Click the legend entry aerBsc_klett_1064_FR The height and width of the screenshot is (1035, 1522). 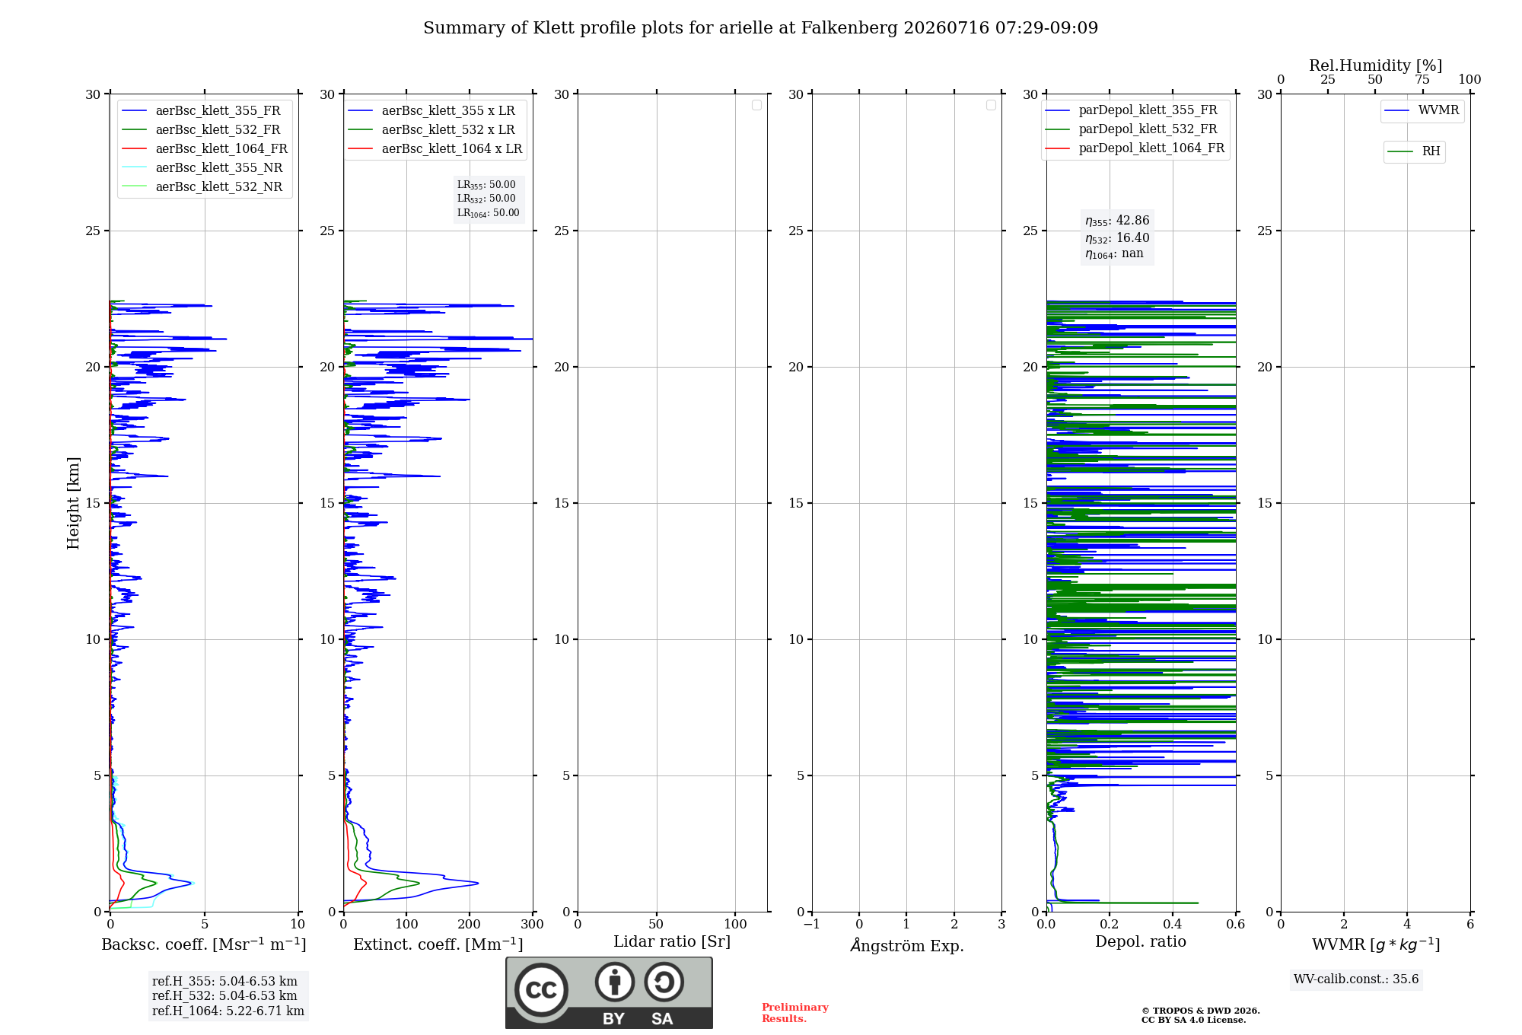[205, 149]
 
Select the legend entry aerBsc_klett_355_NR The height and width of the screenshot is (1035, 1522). [202, 168]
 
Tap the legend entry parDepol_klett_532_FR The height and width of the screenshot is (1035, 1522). [1132, 129]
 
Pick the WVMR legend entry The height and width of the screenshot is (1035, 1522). [1422, 110]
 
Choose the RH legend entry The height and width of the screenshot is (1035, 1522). [1414, 151]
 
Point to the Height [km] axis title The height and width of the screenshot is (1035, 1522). [73, 503]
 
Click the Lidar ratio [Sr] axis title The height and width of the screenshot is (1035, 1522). [672, 942]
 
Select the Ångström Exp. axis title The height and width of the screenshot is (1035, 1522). [907, 945]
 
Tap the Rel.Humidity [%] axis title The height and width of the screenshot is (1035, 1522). [1376, 65]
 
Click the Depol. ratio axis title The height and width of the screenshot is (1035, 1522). [1141, 942]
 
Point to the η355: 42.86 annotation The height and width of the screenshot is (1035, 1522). [1117, 221]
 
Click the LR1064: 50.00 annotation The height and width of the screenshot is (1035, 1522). [489, 213]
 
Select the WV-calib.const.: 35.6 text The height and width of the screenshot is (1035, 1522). [1356, 979]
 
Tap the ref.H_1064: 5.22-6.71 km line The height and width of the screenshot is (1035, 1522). [228, 1011]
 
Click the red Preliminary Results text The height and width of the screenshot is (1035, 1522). [795, 1013]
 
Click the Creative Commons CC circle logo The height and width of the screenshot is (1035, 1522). [541, 989]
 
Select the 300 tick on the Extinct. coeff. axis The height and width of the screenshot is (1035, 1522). [533, 925]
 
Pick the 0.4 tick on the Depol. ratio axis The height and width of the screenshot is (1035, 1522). [1173, 925]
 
